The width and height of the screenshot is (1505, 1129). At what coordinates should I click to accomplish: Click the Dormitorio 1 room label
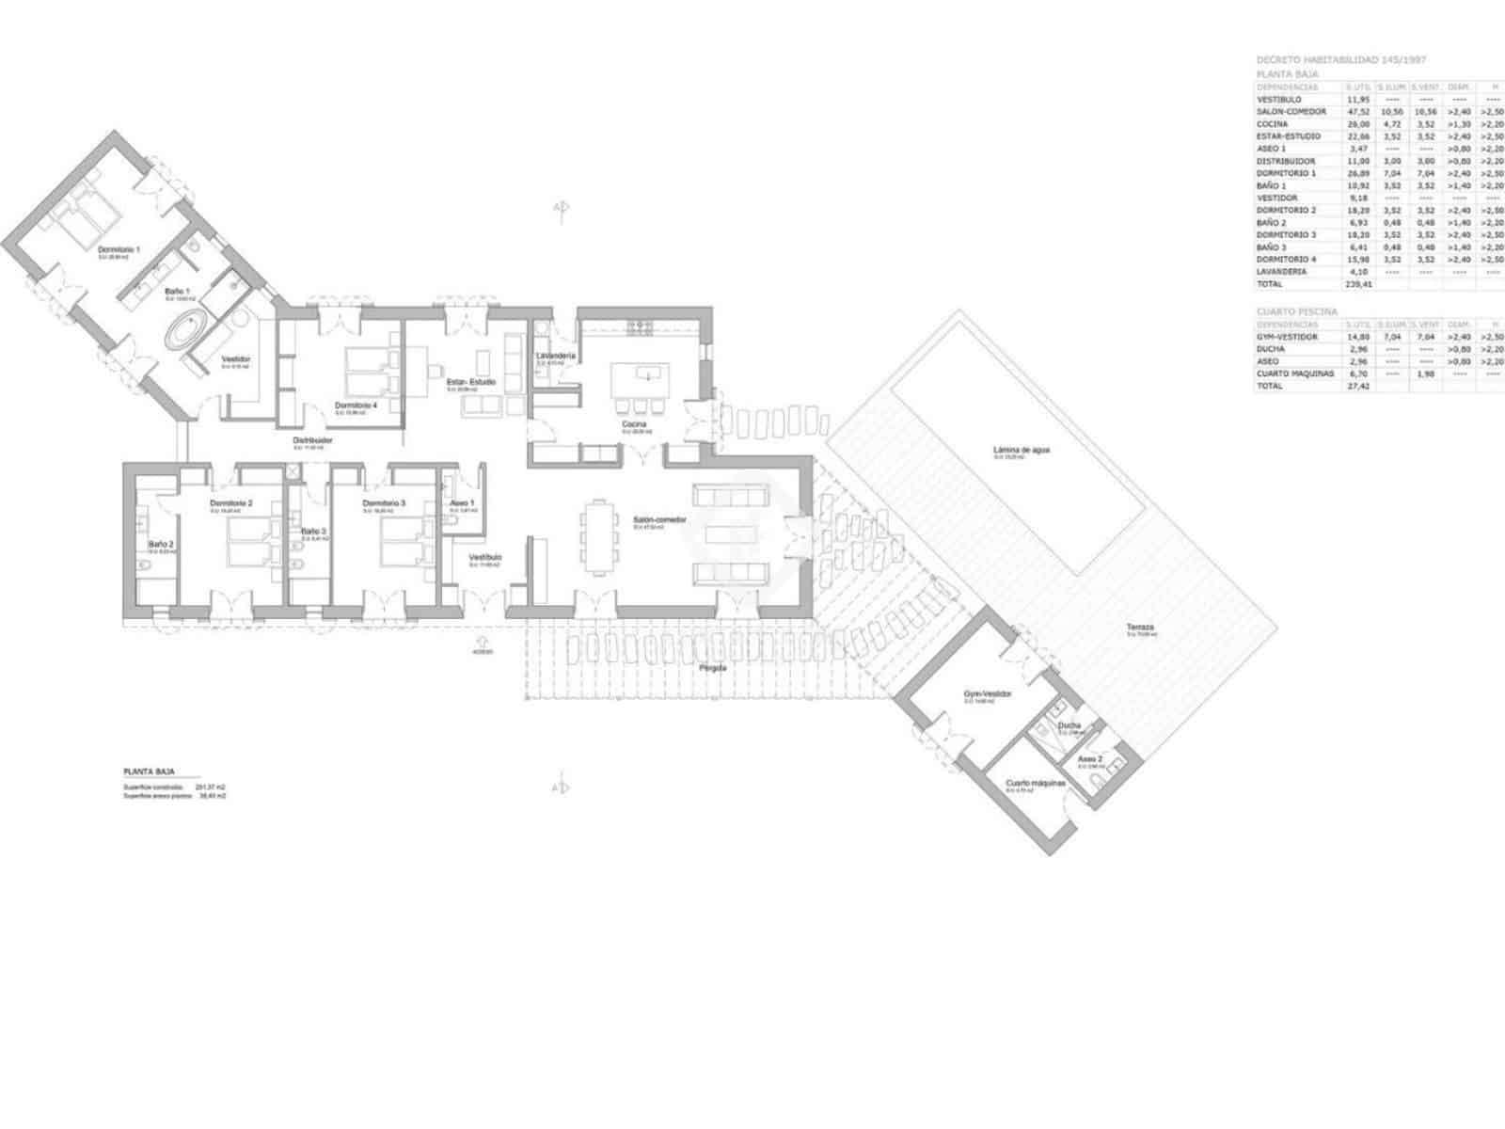pos(119,249)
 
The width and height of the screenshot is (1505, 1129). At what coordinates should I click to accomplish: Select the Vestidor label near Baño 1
pos(236,359)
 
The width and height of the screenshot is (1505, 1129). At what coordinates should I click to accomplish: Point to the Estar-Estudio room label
pos(470,382)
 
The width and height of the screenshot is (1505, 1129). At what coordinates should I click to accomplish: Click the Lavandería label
pos(555,356)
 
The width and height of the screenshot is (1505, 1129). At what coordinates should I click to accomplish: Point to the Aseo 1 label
pos(462,503)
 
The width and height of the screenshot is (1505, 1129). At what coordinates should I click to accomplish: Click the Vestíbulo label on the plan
pos(485,557)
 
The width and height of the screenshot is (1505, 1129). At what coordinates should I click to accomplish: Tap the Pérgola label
pos(713,668)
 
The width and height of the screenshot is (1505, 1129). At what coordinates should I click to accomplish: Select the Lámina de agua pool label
pos(1022,450)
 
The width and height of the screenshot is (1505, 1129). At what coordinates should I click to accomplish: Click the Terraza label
pos(1140,628)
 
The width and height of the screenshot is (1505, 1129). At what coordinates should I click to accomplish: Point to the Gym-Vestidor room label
pos(987,693)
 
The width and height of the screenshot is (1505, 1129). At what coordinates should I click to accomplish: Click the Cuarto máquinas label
pos(1036,783)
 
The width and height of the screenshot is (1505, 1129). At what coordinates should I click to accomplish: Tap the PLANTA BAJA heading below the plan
pos(149,771)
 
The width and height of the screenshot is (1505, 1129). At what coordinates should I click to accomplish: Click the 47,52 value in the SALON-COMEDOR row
pos(1357,111)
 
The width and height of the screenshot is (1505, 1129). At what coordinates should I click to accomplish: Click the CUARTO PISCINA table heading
pos(1296,311)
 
